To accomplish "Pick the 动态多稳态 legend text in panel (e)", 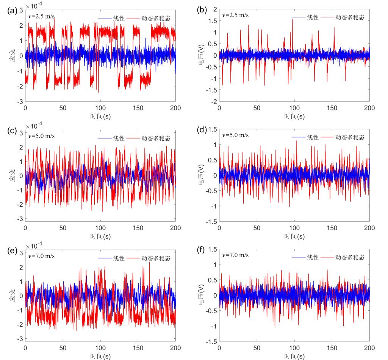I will [156, 258].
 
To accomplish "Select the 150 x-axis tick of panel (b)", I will [332, 108].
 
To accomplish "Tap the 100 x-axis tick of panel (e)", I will [100, 348].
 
